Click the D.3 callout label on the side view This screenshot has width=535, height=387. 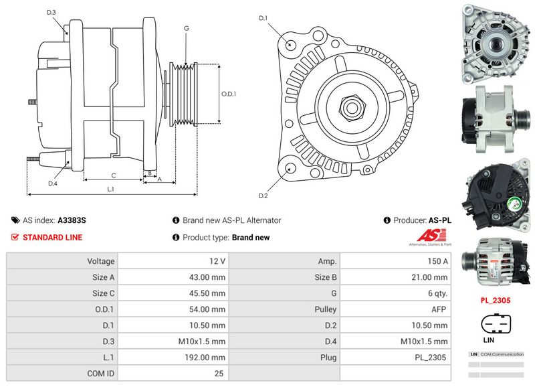pyautogui.click(x=51, y=13)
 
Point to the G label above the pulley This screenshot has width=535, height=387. pyautogui.click(x=186, y=28)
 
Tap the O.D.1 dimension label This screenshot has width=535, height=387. pyautogui.click(x=229, y=94)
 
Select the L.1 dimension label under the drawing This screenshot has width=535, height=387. pyautogui.click(x=110, y=189)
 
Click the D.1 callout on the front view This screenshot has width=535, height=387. pyautogui.click(x=263, y=18)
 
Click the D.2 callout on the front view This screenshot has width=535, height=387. pyautogui.click(x=263, y=196)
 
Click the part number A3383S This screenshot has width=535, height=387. pyautogui.click(x=72, y=220)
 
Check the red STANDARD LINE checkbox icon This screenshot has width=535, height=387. pyautogui.click(x=15, y=238)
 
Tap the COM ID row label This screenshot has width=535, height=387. pyautogui.click(x=100, y=374)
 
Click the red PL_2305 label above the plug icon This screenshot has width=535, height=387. pyautogui.click(x=496, y=301)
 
